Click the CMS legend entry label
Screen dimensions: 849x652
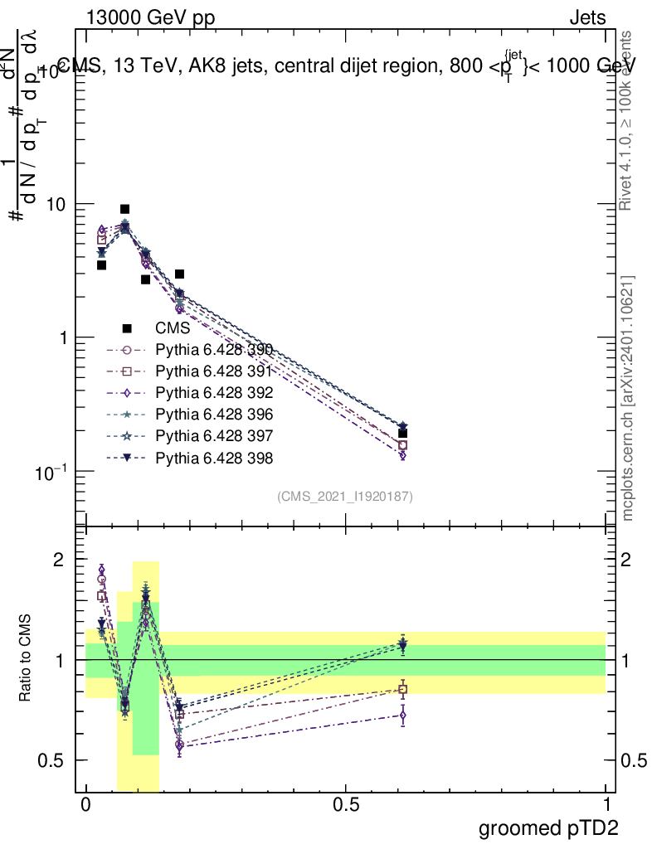173,328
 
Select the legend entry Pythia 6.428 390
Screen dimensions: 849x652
214,350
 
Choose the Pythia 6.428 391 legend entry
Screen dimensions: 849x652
214,371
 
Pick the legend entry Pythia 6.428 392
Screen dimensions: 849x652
214,393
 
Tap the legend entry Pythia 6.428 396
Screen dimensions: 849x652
214,415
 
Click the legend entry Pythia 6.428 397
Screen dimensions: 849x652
214,436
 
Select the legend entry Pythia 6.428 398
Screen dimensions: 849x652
214,458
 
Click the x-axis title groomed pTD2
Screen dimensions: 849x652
548,828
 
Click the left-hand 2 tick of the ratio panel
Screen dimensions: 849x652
59,560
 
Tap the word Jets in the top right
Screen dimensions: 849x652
587,18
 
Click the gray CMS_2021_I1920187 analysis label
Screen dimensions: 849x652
345,496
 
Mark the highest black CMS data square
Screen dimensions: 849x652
124,209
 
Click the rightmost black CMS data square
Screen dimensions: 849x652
402,433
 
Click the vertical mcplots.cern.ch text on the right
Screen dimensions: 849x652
628,398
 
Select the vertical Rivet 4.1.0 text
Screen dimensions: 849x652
628,119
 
